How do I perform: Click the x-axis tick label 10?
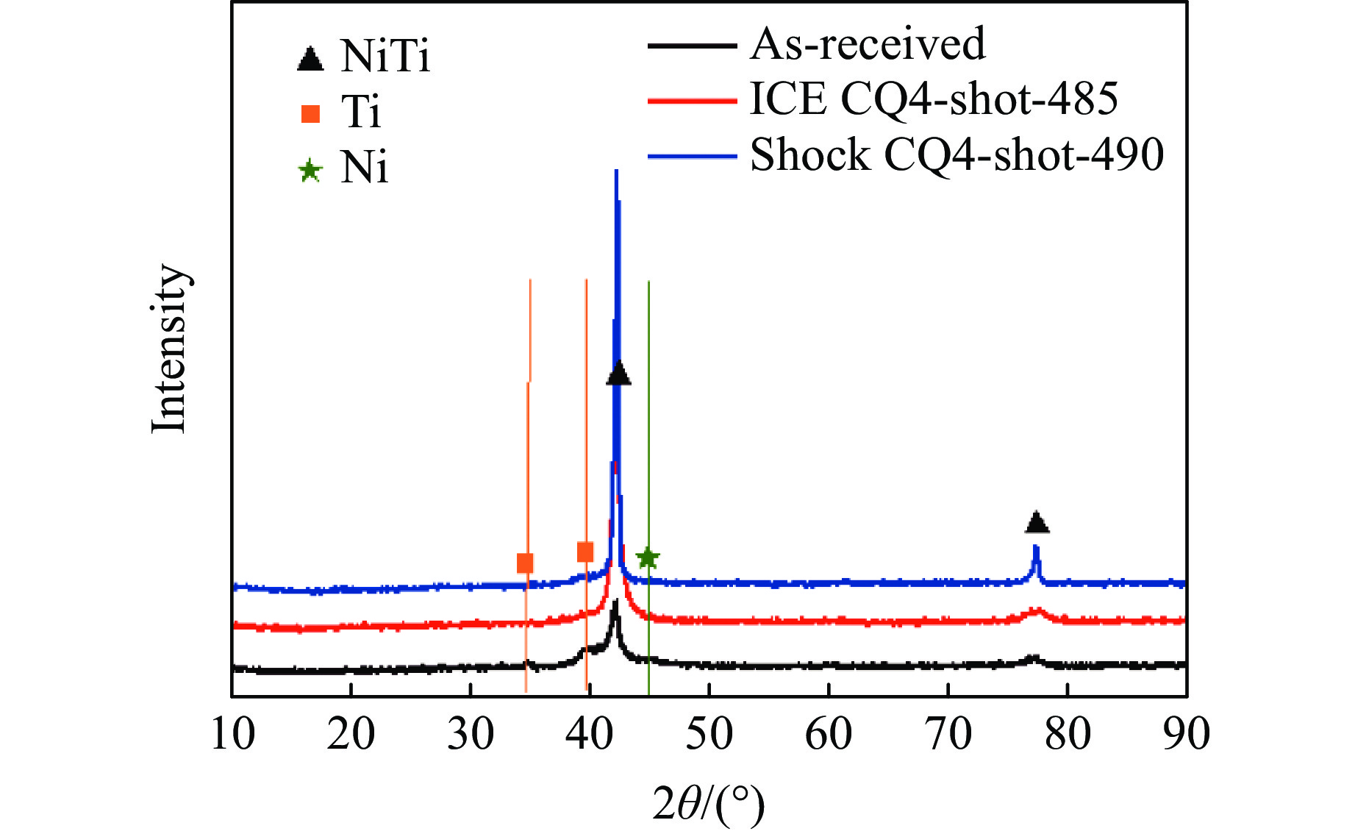[x=232, y=734]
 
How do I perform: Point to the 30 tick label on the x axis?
[x=471, y=734]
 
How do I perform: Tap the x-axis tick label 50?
[x=709, y=734]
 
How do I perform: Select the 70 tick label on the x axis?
[x=948, y=734]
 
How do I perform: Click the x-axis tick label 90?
[x=1186, y=734]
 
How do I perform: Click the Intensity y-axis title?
[x=170, y=348]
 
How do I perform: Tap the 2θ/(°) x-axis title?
[x=708, y=804]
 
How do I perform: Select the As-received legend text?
[x=868, y=44]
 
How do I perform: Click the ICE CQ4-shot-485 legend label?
[x=934, y=99]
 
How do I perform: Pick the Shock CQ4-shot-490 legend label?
[x=957, y=155]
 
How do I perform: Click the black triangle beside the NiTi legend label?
[x=310, y=59]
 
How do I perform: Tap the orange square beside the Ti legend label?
[x=310, y=114]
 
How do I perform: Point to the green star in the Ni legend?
[x=310, y=171]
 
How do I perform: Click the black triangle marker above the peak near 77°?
[x=1037, y=523]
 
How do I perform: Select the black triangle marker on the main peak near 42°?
[x=618, y=374]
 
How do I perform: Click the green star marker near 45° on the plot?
[x=647, y=558]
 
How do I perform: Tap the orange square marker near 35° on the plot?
[x=525, y=563]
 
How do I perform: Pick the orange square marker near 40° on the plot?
[x=585, y=552]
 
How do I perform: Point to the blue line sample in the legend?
[x=692, y=156]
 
